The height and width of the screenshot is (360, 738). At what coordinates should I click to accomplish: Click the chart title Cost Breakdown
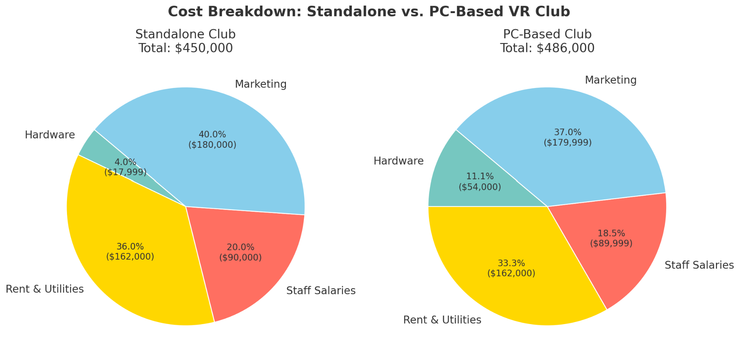tap(369, 12)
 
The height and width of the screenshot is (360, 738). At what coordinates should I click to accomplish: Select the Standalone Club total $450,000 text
tap(186, 48)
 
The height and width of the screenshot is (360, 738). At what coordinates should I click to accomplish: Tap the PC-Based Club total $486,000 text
tap(547, 48)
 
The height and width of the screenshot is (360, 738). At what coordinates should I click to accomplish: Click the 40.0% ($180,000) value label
tap(212, 140)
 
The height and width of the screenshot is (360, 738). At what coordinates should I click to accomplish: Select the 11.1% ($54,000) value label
tap(480, 181)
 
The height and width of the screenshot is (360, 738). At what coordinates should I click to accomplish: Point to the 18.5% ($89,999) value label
tap(611, 238)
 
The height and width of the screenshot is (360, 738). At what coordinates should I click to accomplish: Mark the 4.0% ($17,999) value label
tap(125, 167)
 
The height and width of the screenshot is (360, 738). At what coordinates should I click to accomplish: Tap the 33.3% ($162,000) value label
tap(511, 268)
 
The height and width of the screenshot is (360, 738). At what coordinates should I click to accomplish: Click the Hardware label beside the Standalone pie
tap(50, 135)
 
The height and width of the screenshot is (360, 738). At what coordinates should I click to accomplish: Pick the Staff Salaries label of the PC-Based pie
tap(699, 265)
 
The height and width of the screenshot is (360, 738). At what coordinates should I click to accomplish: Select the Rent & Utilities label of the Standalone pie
tap(45, 289)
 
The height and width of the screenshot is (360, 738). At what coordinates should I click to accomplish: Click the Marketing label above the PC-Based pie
tap(610, 80)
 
